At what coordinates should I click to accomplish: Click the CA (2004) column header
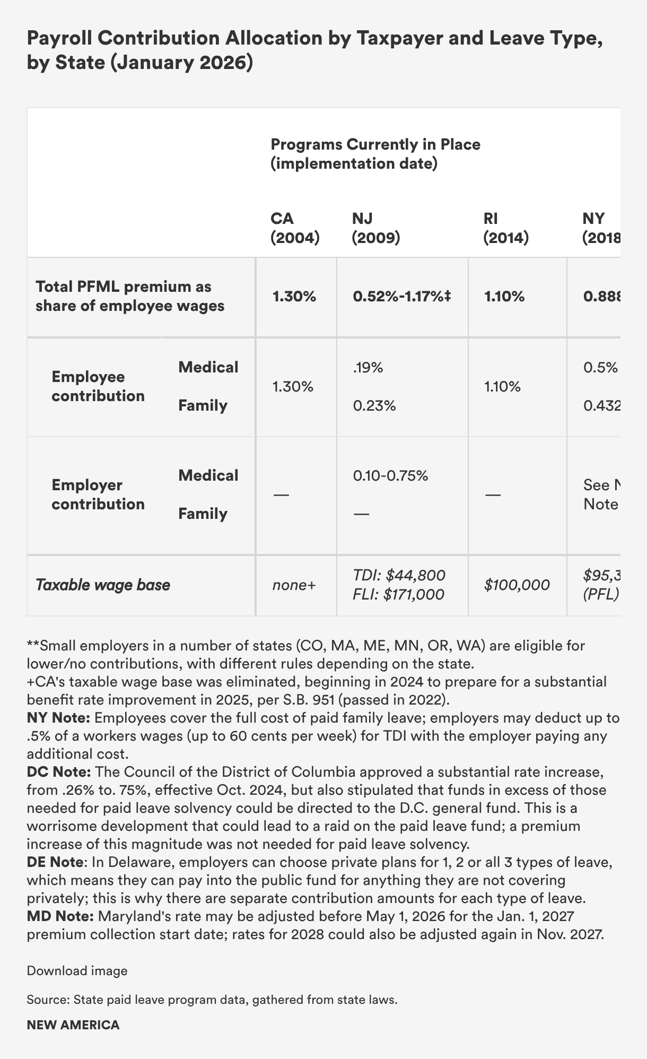click(295, 228)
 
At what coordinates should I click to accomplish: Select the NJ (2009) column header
click(376, 228)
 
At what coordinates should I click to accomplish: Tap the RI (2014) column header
click(505, 228)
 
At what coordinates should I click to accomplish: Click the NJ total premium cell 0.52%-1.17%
click(401, 297)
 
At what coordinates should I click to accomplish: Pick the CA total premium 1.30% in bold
click(294, 297)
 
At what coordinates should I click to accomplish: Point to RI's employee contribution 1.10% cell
click(502, 387)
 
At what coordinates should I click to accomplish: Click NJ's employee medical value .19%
click(368, 368)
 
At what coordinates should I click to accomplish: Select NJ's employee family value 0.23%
click(374, 406)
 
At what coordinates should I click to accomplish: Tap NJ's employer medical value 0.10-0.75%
click(390, 475)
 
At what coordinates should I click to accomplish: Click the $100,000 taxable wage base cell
click(517, 585)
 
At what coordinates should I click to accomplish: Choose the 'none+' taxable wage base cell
click(294, 585)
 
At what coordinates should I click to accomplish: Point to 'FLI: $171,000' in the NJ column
click(398, 595)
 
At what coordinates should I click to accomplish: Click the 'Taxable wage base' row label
click(103, 585)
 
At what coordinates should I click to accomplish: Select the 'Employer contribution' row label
click(98, 494)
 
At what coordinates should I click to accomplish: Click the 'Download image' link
click(77, 971)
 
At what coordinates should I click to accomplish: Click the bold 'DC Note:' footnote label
click(58, 772)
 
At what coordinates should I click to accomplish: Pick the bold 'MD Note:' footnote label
click(60, 916)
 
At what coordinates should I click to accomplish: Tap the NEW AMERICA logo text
click(73, 1025)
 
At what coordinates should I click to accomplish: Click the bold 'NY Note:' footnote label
click(58, 718)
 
